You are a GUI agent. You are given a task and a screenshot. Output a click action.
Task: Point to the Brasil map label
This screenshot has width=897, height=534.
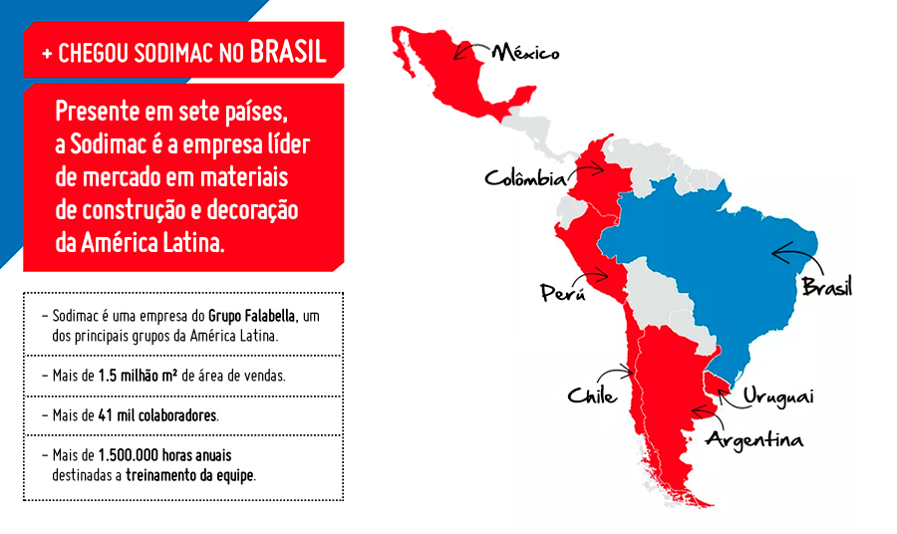tap(827, 288)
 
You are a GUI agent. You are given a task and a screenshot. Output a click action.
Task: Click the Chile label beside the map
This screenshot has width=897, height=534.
tap(592, 396)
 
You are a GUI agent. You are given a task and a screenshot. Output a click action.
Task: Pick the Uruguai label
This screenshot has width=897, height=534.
tap(777, 397)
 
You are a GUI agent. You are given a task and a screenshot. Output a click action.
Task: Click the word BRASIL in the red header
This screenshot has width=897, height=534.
tap(289, 53)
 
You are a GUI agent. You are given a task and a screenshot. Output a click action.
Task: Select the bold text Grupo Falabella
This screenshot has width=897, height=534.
tap(253, 316)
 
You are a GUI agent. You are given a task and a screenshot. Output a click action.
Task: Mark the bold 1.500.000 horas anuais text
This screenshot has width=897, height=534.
tap(162, 455)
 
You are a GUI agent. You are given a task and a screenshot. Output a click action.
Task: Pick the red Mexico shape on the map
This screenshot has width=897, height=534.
tap(448, 70)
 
